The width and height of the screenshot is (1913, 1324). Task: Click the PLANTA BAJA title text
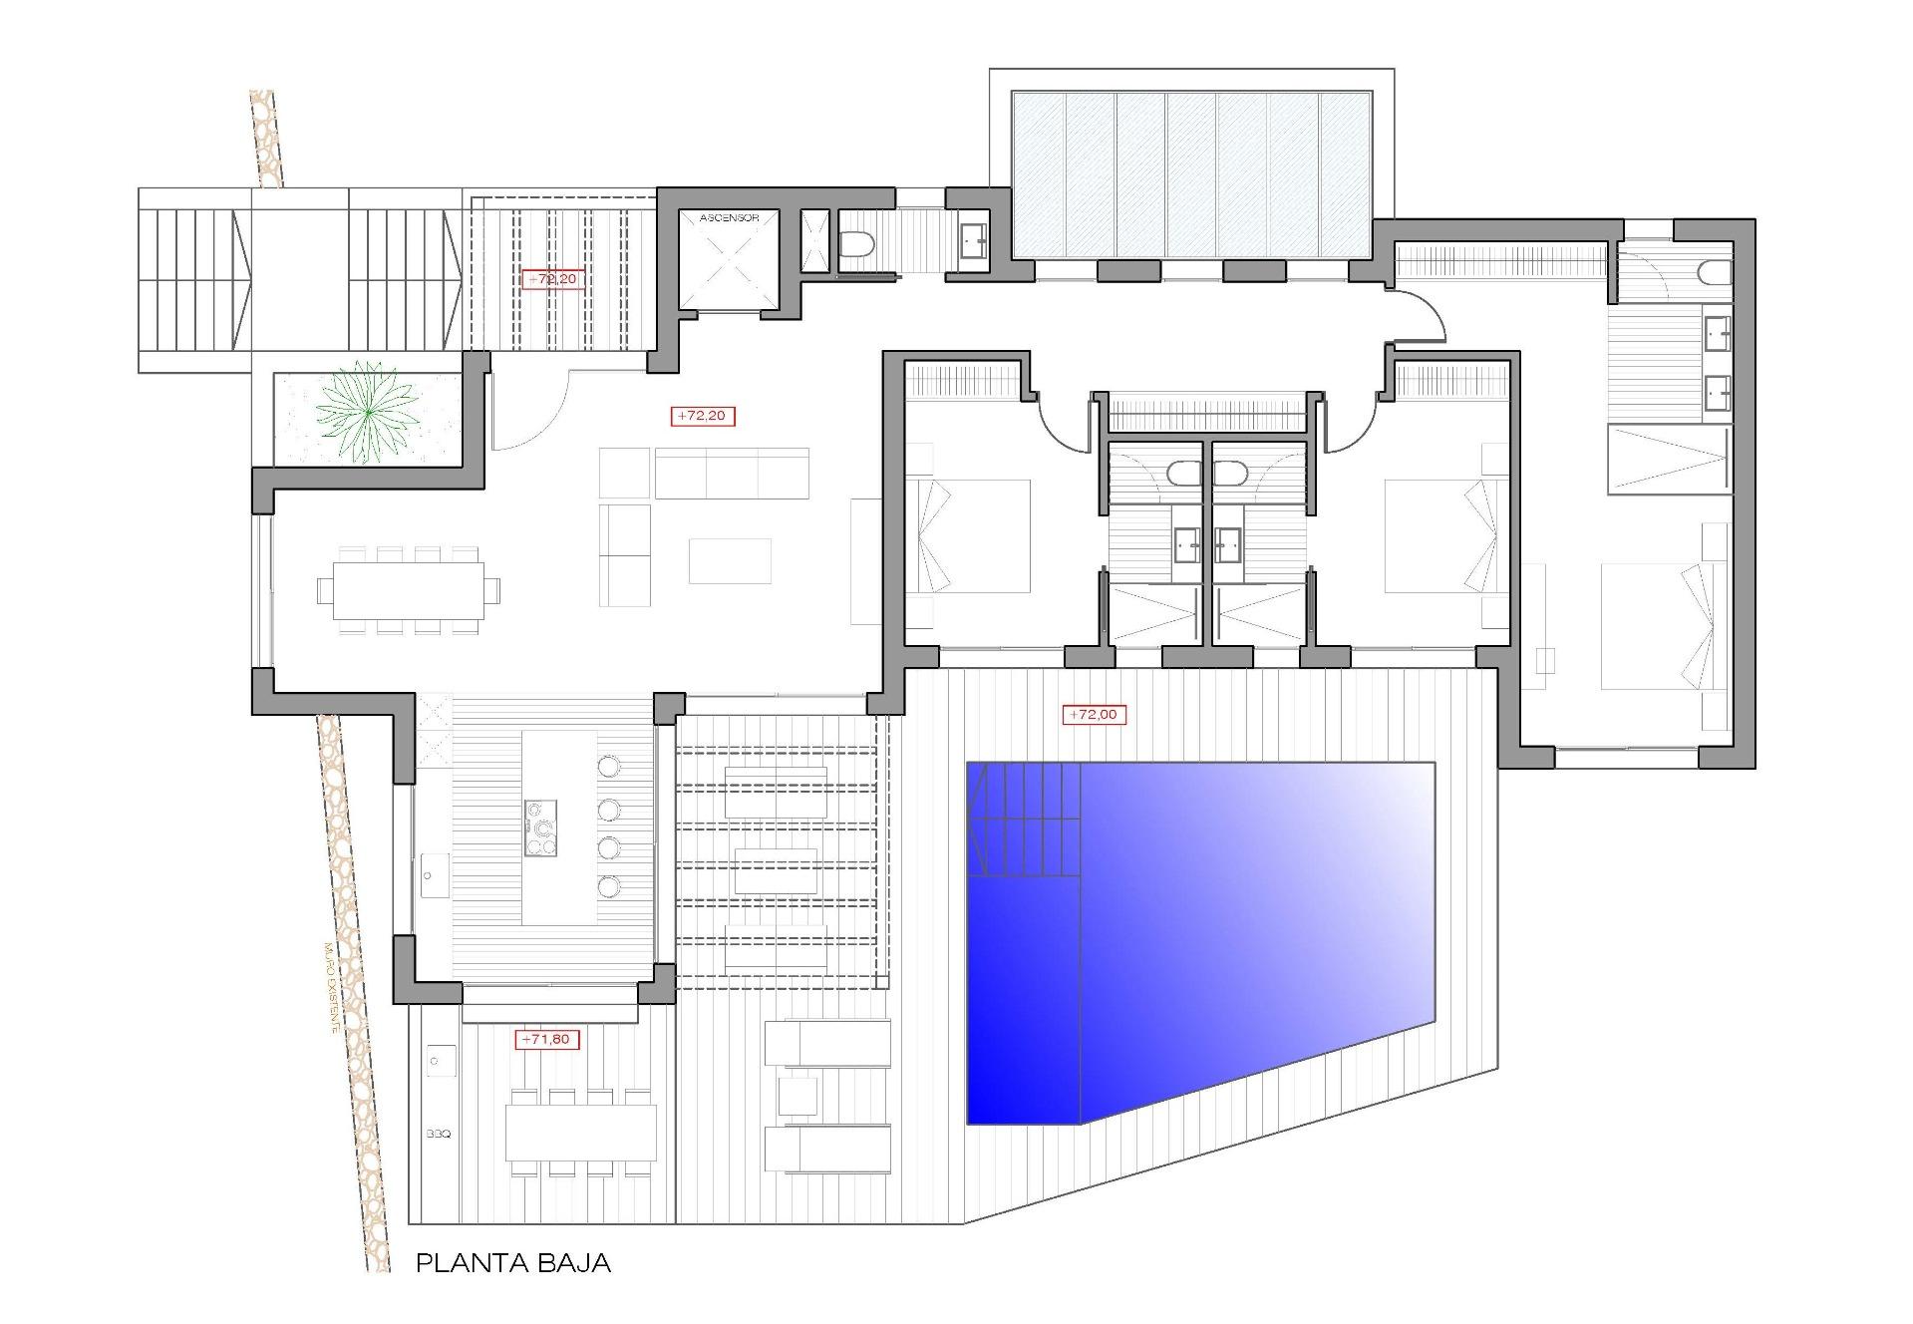coord(512,1264)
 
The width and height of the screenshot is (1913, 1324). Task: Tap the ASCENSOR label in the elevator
coord(730,217)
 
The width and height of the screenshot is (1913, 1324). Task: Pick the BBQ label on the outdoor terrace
coord(439,1134)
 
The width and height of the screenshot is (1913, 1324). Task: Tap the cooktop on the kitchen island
coord(541,827)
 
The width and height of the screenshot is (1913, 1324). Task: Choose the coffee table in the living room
coord(730,560)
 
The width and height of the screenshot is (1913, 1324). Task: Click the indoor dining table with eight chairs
coord(409,590)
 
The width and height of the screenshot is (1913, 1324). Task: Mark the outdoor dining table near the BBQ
coord(581,1132)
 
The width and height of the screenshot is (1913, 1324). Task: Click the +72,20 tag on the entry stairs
coord(551,279)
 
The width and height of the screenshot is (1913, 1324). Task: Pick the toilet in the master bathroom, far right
coord(1717,272)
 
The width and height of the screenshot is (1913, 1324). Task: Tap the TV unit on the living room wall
coord(861,560)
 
